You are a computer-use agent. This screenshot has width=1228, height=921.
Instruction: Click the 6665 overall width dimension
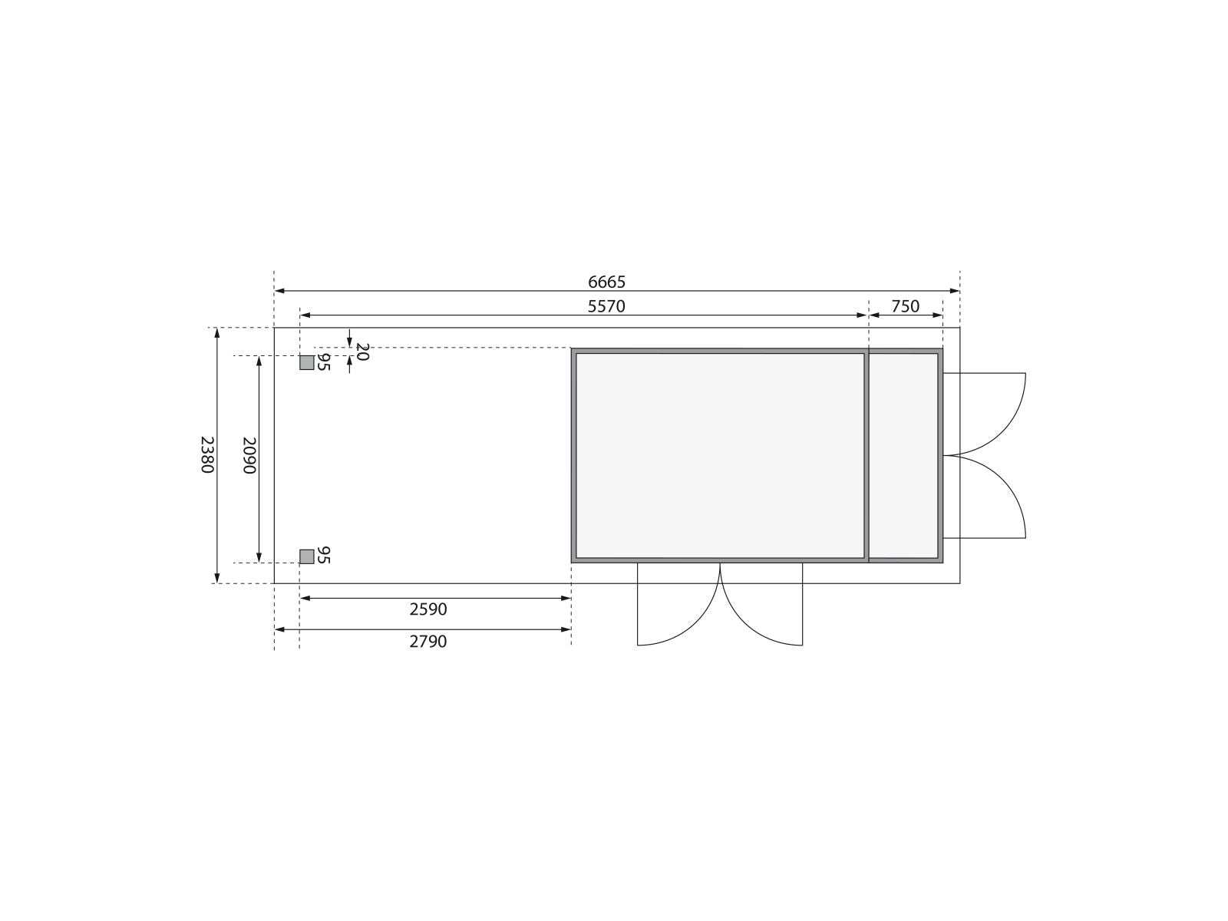(606, 282)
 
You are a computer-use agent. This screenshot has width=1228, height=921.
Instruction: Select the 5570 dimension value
(606, 306)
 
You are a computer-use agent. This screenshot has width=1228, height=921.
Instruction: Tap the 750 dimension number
(905, 306)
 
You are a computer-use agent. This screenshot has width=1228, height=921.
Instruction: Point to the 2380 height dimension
(207, 454)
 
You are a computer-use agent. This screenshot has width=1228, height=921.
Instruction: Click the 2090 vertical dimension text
(249, 454)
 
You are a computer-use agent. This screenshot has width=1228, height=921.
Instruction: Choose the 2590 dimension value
(428, 609)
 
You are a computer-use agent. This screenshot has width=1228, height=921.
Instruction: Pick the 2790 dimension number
(428, 642)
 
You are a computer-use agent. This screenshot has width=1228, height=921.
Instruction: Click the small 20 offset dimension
(363, 352)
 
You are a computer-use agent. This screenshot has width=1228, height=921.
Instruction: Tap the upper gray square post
(306, 363)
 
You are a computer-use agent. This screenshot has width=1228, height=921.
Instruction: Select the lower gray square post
(306, 556)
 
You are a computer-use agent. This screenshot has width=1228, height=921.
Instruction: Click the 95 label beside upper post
(323, 362)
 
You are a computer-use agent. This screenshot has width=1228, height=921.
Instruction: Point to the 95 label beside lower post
(323, 555)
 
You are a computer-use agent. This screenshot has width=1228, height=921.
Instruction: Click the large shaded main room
(720, 455)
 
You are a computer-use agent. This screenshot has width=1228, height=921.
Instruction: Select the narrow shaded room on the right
(903, 455)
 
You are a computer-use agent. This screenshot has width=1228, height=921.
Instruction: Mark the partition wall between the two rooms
(867, 455)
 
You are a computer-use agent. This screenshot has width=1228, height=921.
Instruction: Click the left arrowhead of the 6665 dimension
(279, 291)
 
